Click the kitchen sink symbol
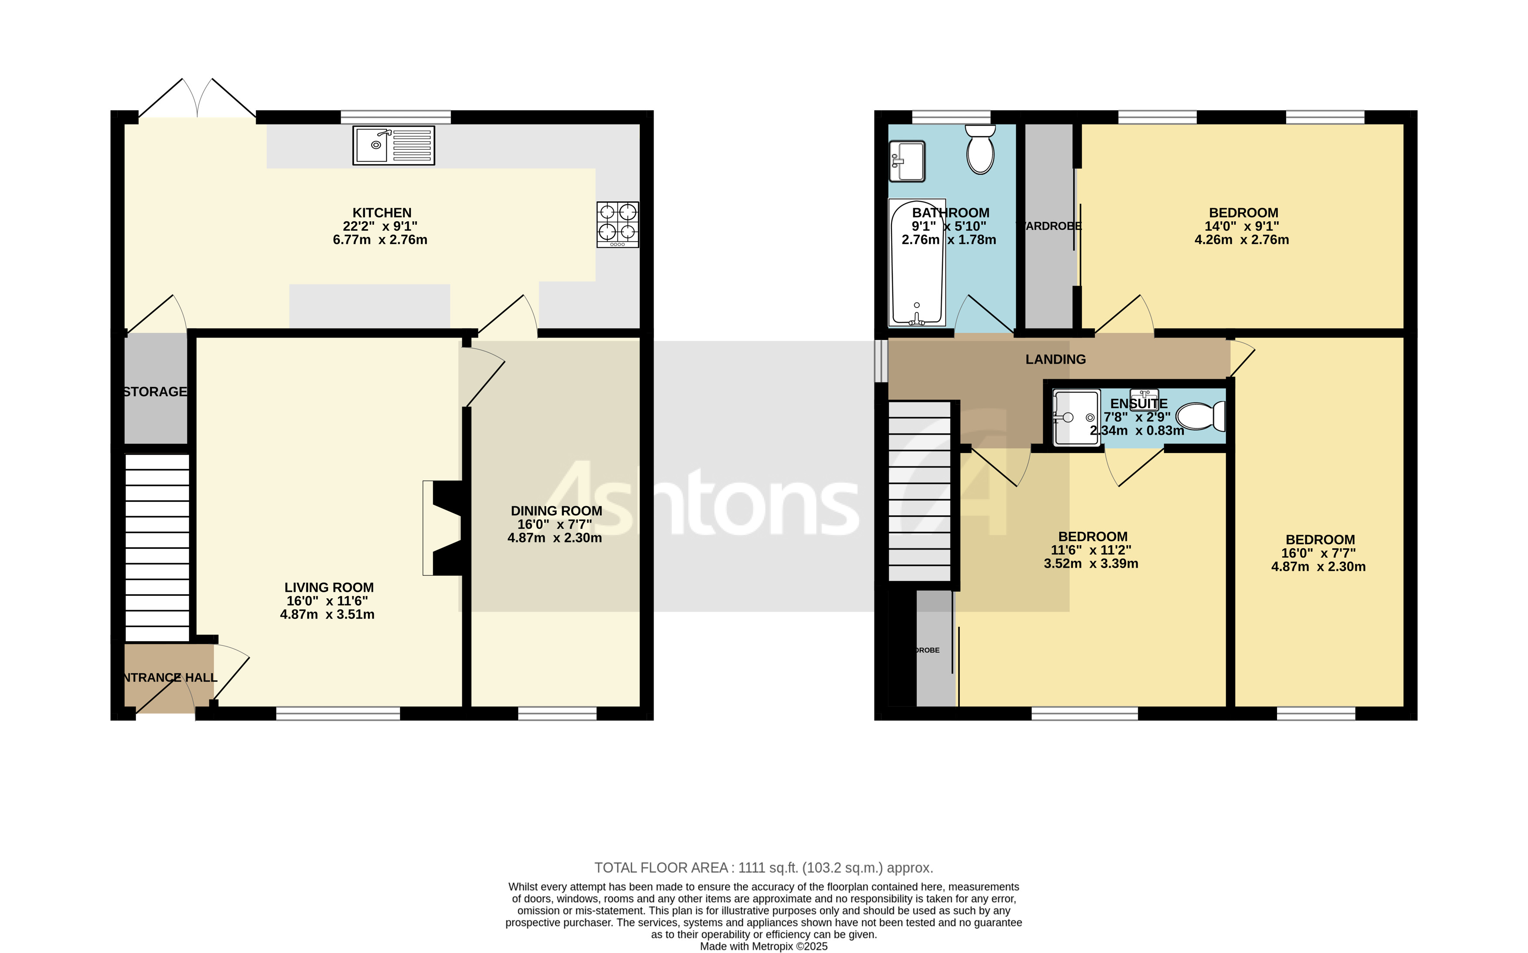(x=393, y=145)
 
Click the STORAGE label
(x=155, y=392)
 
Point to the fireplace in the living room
(x=443, y=528)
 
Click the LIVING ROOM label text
(x=329, y=588)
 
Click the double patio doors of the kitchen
(x=197, y=101)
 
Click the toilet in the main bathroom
(x=980, y=149)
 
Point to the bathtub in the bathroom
(x=917, y=263)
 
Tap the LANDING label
(x=1055, y=359)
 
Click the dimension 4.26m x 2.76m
(x=1241, y=240)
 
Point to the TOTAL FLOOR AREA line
(x=763, y=868)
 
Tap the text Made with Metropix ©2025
(x=763, y=946)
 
